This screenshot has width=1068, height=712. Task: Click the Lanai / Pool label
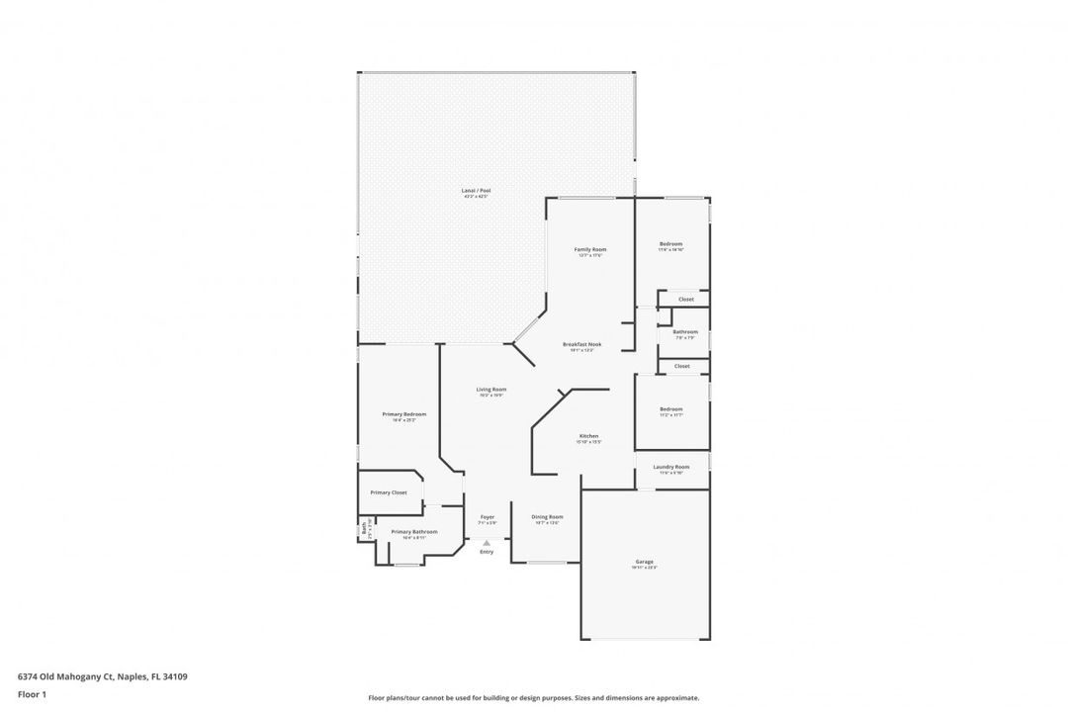coord(476,191)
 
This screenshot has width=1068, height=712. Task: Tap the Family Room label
coord(590,249)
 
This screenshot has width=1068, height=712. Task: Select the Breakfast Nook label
coord(582,344)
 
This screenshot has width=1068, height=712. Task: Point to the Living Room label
coord(491,390)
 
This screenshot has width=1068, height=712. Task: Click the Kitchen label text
coord(588,436)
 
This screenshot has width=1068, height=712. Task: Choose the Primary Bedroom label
coord(404,414)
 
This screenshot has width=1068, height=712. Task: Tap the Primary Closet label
coord(389,492)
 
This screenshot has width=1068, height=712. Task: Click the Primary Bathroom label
coord(413,532)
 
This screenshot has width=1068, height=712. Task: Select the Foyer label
coord(487,517)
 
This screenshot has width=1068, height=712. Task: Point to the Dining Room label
coord(547,517)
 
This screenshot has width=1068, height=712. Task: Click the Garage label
coord(644,562)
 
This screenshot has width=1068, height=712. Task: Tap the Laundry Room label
coord(671,467)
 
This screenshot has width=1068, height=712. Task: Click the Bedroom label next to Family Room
coord(671,244)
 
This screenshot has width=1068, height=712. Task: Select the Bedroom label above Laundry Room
coord(671,409)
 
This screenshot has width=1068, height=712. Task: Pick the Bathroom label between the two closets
coord(685,332)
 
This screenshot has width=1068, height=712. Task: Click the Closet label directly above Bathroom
coord(685,299)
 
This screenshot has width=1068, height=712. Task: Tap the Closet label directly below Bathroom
coord(682,366)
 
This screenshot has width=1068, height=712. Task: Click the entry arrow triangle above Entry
coord(487,542)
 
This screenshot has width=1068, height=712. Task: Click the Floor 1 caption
coord(32,694)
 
